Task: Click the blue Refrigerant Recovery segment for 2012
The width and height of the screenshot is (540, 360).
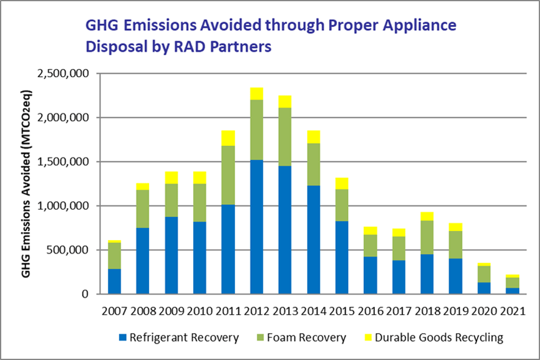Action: click(257, 227)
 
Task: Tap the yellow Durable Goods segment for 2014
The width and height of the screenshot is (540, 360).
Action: click(314, 137)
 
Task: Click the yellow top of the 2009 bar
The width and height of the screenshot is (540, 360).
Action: click(171, 178)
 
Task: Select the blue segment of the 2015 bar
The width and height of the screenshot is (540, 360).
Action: click(342, 257)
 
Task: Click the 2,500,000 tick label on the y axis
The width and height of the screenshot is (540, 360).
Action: click(63, 73)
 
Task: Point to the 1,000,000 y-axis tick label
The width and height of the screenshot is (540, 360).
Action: click(63, 206)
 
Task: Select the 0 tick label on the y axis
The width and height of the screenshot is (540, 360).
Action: click(85, 294)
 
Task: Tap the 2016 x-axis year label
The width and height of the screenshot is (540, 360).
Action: click(371, 310)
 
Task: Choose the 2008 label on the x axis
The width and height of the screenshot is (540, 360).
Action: click(143, 310)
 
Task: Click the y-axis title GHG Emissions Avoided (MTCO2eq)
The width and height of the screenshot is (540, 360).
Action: click(26, 183)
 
